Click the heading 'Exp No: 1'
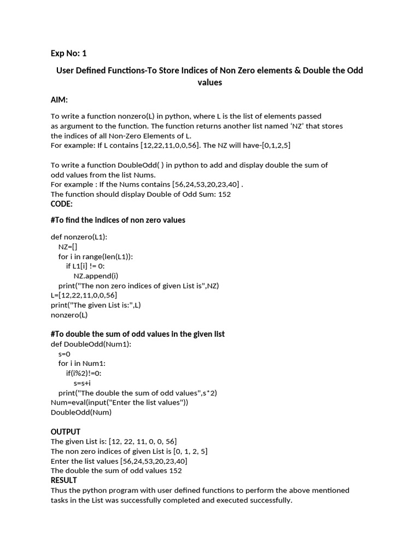68,53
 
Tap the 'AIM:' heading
59,100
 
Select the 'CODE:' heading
61,203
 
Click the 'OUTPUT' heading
66,431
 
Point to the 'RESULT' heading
64,480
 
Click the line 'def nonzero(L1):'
79,237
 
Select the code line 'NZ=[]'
68,247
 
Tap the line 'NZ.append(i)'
96,276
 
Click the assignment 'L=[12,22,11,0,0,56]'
84,295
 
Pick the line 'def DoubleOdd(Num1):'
91,344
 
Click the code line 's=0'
65,354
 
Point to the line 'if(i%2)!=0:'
84,373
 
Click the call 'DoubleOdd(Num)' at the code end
81,412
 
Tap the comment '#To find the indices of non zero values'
118,220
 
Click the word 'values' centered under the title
209,83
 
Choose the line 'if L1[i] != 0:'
89,266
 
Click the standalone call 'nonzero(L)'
69,314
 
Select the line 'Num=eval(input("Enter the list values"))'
119,402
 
